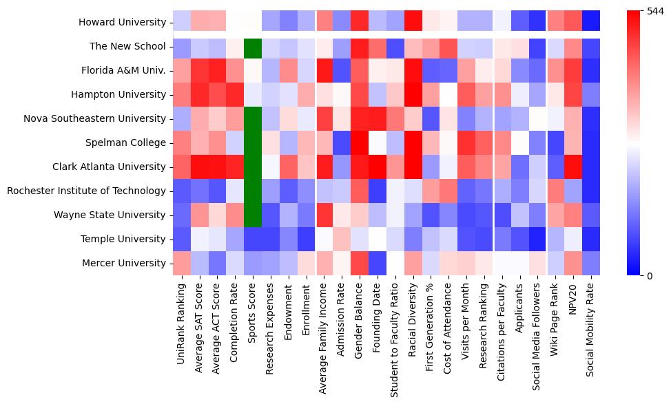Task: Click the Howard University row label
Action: point(122,23)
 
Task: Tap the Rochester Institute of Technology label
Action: point(86,191)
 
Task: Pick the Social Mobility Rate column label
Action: point(590,330)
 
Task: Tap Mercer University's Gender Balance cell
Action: point(360,264)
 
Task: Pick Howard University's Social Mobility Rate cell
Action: point(590,23)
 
